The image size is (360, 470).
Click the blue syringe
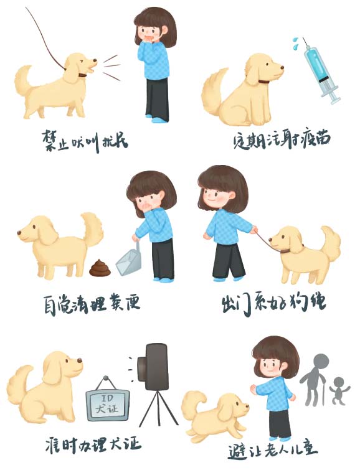[321, 72]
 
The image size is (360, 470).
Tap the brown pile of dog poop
[100, 268]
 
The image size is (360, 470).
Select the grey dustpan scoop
[128, 260]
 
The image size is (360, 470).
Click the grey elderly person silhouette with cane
[314, 379]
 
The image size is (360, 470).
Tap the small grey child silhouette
[339, 390]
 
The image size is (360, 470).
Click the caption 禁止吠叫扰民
[85, 141]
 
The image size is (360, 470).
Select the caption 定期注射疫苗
[282, 139]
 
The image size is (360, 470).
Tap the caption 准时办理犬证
[93, 444]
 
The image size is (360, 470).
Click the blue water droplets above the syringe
[295, 43]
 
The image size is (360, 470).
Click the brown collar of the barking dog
[82, 75]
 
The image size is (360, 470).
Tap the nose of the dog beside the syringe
[282, 67]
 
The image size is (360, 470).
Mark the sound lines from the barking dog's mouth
[111, 67]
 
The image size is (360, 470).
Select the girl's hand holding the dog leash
[254, 230]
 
